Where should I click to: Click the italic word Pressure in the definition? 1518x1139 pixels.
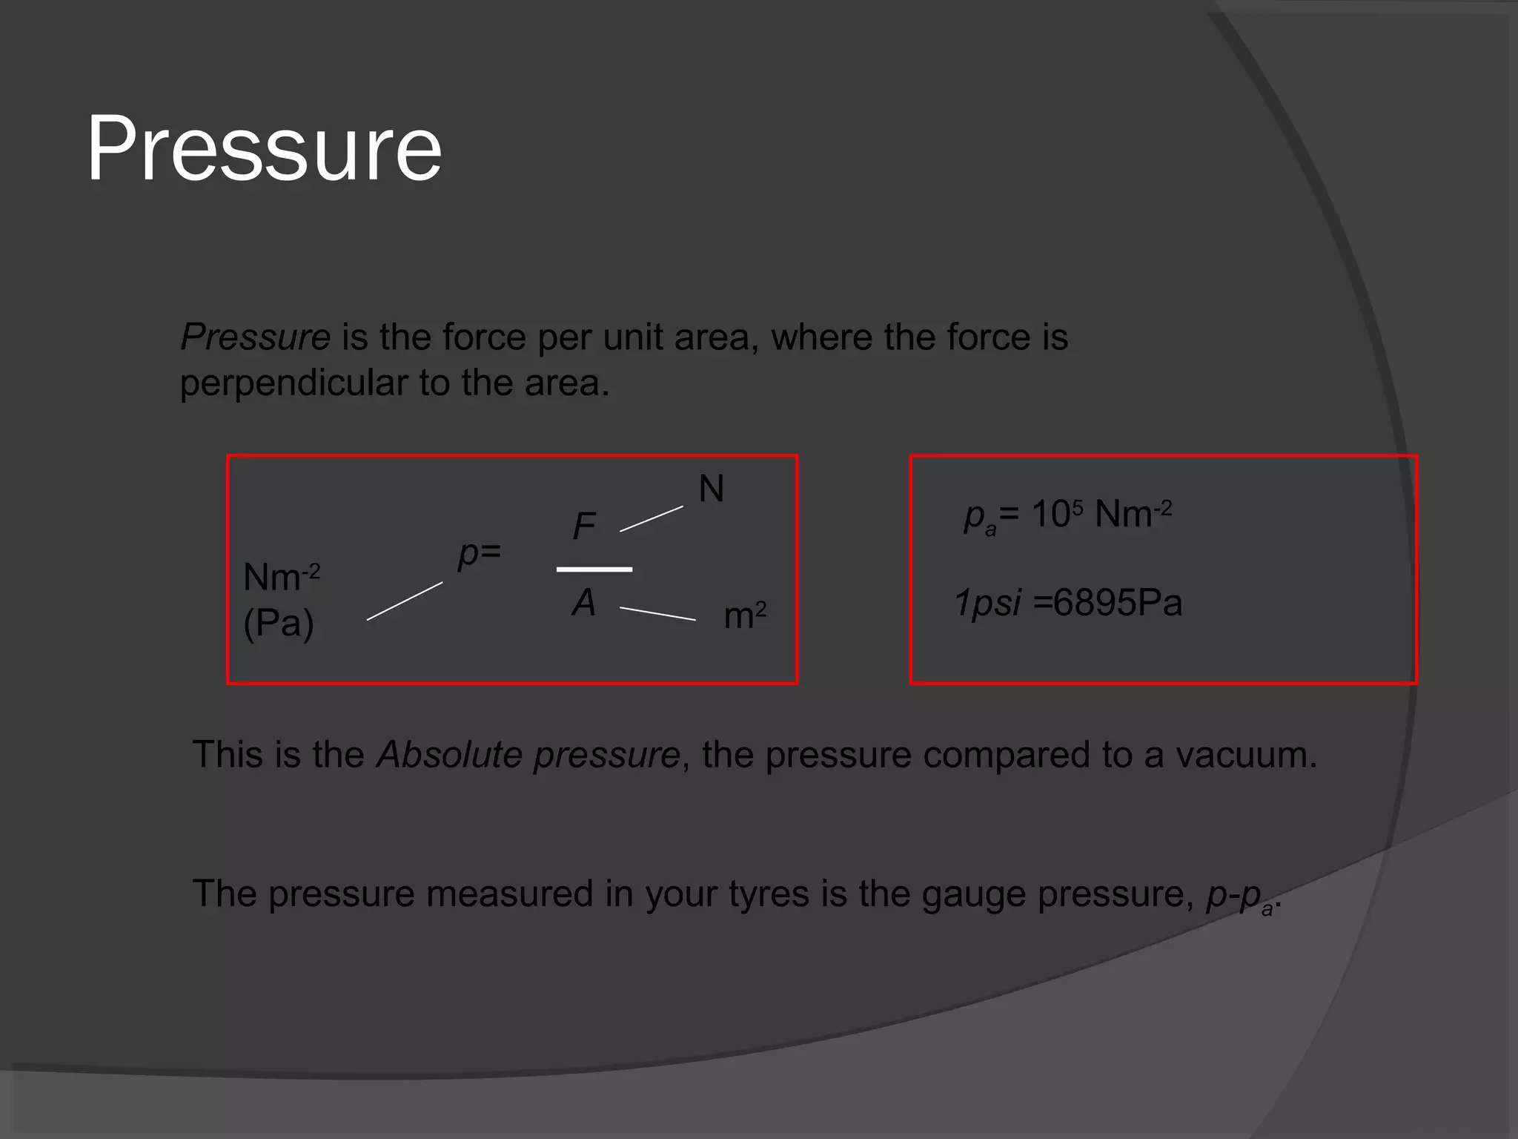[x=255, y=337]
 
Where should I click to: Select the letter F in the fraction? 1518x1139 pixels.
[x=584, y=526]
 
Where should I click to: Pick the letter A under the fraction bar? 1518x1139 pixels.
[x=584, y=602]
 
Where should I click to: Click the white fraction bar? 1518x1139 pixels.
[x=594, y=569]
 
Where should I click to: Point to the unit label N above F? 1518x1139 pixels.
[x=711, y=489]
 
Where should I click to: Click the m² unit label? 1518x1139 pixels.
[x=744, y=615]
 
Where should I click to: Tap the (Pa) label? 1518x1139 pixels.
[x=279, y=623]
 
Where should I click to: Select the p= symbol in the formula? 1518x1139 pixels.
[x=479, y=552]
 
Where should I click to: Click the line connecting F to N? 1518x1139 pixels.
[x=651, y=519]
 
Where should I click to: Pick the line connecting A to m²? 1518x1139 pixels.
[x=657, y=613]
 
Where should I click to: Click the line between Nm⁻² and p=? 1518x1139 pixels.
[x=405, y=601]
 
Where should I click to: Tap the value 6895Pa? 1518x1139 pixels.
[x=1117, y=603]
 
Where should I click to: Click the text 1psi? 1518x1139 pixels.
[x=987, y=603]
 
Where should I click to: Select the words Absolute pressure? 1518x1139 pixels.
[x=528, y=755]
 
